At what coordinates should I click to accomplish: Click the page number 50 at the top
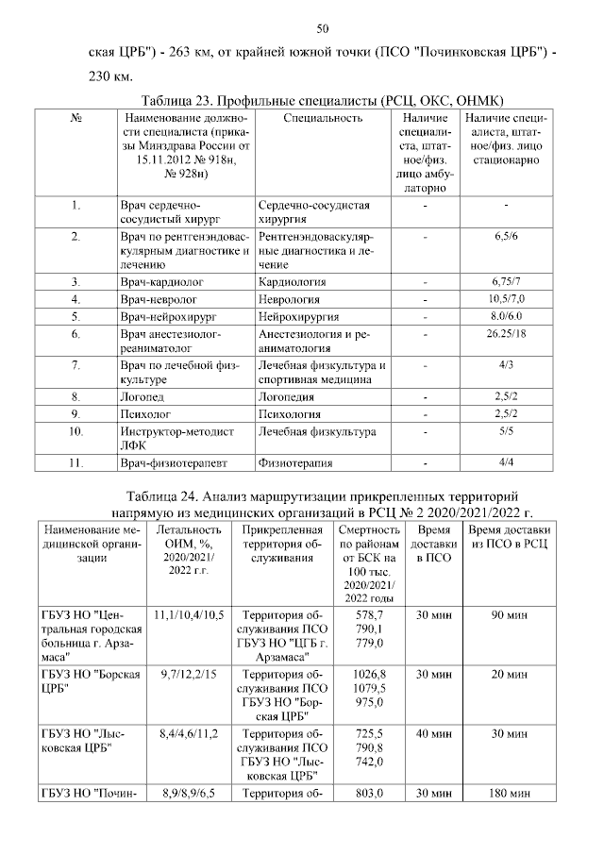(322, 27)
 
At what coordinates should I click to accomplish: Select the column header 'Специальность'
(323, 118)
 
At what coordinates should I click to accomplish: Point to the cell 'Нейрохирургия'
(299, 316)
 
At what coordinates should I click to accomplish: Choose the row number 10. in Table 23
(75, 431)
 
